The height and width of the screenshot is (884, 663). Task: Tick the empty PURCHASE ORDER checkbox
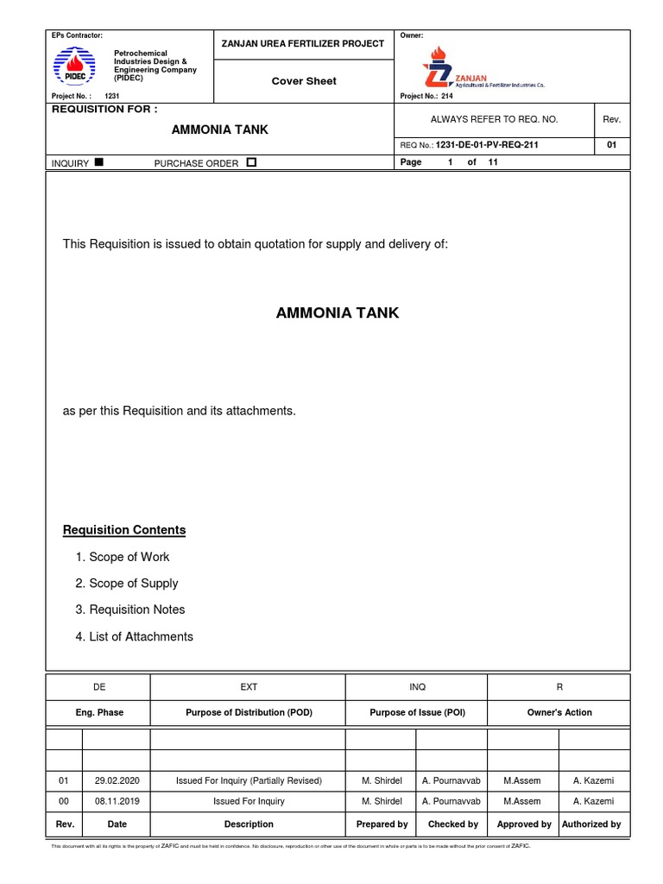tap(251, 162)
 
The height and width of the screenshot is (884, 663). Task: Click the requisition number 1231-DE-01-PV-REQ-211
tap(488, 145)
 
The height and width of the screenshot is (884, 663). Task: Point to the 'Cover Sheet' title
tap(304, 81)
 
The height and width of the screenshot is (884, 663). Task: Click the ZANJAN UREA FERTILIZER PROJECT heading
tap(303, 43)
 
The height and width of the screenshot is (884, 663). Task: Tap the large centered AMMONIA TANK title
tap(338, 313)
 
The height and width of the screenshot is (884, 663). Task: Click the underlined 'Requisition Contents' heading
tap(124, 530)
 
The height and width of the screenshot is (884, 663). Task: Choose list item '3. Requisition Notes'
tap(129, 609)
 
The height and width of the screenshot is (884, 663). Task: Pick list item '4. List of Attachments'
tap(134, 636)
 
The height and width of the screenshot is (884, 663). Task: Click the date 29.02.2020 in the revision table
tap(117, 780)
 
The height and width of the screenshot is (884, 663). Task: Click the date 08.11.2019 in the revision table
tap(117, 802)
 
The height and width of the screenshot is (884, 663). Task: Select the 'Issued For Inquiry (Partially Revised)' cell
tap(249, 780)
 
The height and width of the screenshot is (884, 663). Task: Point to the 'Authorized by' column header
tap(591, 824)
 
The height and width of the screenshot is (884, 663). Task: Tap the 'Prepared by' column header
tap(382, 824)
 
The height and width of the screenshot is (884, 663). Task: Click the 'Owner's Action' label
tap(559, 712)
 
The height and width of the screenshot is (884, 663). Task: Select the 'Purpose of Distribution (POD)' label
tap(249, 712)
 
